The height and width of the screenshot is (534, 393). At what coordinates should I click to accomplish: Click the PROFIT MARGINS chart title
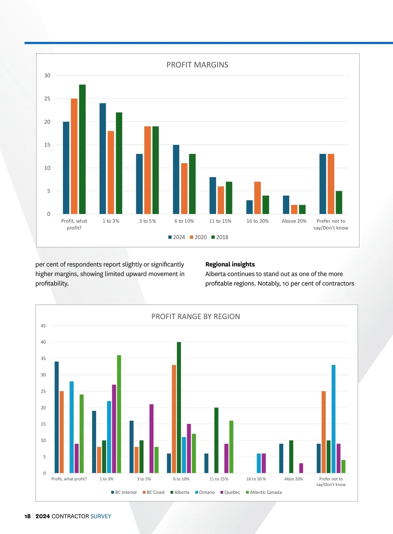pyautogui.click(x=197, y=65)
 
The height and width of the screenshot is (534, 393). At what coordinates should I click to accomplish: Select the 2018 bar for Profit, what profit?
pyautogui.click(x=82, y=149)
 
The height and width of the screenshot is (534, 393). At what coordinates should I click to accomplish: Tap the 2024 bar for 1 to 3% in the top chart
pyautogui.click(x=103, y=158)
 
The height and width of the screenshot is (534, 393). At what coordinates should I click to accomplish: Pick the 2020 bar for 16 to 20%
pyautogui.click(x=257, y=198)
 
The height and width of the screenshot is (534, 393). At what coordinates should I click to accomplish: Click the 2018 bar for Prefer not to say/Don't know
pyautogui.click(x=339, y=202)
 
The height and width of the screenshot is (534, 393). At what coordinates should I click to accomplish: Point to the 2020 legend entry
pyautogui.click(x=198, y=237)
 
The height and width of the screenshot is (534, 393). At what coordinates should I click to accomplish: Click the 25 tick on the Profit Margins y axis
pyautogui.click(x=47, y=99)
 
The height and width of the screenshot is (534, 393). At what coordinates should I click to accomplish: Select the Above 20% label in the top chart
pyautogui.click(x=294, y=221)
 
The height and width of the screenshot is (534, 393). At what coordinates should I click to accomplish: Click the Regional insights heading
pyautogui.click(x=230, y=264)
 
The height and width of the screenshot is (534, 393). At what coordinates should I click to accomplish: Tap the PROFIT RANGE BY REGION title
pyautogui.click(x=196, y=317)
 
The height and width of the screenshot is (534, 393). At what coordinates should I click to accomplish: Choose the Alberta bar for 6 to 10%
pyautogui.click(x=179, y=407)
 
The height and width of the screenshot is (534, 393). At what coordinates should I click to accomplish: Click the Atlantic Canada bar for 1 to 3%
pyautogui.click(x=119, y=414)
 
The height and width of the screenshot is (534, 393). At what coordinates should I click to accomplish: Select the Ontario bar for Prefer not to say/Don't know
pyautogui.click(x=333, y=419)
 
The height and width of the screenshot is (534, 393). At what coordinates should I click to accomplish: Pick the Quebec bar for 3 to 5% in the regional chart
pyautogui.click(x=151, y=438)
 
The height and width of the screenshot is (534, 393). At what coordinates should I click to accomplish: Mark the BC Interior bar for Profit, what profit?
pyautogui.click(x=57, y=417)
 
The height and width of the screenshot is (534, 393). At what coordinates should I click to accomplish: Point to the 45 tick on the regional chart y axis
pyautogui.click(x=43, y=326)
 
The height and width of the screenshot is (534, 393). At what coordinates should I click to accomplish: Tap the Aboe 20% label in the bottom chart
pyautogui.click(x=293, y=479)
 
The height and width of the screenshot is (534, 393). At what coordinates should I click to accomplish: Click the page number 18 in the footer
pyautogui.click(x=28, y=516)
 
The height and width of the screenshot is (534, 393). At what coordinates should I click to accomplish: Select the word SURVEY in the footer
pyautogui.click(x=101, y=516)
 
